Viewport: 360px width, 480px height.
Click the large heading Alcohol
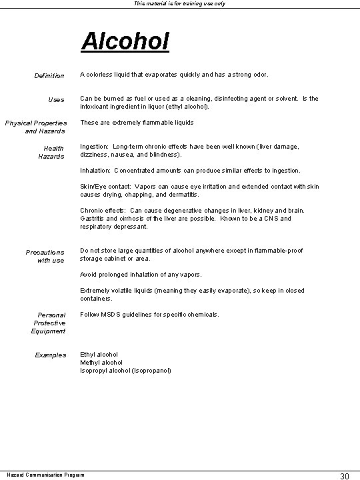coord(125,41)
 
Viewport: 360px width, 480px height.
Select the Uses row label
coord(57,100)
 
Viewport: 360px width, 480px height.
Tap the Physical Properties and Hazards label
coord(36,127)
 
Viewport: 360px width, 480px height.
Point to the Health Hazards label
coord(53,152)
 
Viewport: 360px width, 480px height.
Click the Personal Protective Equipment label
coord(49,323)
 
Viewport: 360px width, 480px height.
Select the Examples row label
coord(51,355)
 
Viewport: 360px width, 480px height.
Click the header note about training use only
coord(180,4)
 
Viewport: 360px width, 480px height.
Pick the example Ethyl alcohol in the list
coord(99,355)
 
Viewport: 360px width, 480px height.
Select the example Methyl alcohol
coord(101,363)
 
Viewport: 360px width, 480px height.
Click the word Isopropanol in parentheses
coord(154,371)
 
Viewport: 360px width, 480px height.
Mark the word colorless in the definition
coord(102,75)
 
